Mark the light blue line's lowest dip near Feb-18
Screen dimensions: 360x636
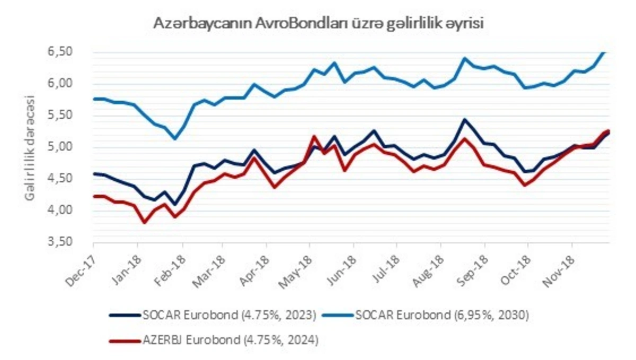[x=175, y=138]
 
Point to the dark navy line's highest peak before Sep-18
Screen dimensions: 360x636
[x=465, y=119]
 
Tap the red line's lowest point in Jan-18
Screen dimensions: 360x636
[x=144, y=223]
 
